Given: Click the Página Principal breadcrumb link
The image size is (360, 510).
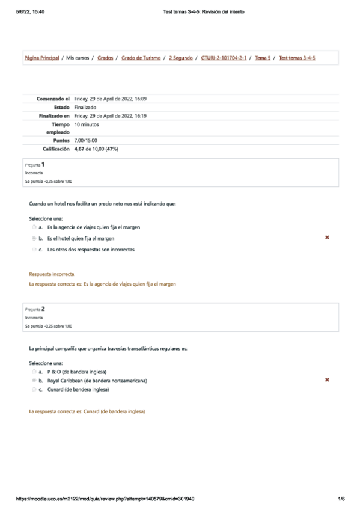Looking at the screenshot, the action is click(x=41, y=58).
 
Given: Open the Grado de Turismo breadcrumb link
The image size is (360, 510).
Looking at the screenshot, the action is click(x=141, y=58).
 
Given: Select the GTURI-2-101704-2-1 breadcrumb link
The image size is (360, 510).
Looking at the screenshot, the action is click(x=224, y=58).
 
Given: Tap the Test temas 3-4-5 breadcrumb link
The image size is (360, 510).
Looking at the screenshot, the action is click(x=297, y=58).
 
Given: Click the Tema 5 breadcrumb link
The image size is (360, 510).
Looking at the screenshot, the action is click(x=262, y=58).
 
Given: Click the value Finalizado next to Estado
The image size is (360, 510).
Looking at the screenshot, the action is click(x=85, y=107).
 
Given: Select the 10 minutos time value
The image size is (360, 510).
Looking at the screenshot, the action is click(x=87, y=124).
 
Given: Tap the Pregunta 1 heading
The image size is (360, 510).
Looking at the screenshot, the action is click(x=35, y=164).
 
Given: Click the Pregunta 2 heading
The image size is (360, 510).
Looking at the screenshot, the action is click(x=35, y=309).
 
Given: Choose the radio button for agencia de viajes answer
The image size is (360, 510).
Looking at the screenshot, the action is click(x=34, y=227).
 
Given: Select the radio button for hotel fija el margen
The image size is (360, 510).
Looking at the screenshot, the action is click(x=34, y=238).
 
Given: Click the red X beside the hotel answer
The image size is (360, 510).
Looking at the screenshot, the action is click(x=327, y=238).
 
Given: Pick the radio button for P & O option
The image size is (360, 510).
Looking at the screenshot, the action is click(x=34, y=372).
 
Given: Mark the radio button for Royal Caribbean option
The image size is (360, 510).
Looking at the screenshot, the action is click(x=34, y=381).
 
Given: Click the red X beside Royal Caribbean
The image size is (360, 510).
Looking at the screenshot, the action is click(x=327, y=380).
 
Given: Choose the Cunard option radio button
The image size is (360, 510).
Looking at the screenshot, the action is click(x=34, y=390).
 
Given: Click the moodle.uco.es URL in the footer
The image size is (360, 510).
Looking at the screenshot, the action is click(x=105, y=499).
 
